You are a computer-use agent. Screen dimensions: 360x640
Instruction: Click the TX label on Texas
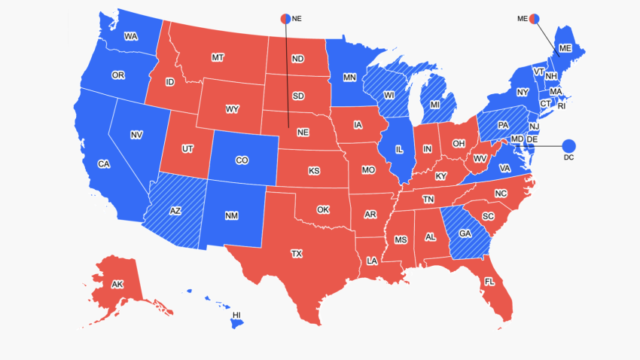coord(297,255)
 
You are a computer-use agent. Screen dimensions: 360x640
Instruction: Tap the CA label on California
coord(104,163)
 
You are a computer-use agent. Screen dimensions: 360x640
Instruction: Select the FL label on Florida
coord(489,281)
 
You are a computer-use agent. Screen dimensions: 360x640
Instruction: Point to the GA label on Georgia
coord(465,234)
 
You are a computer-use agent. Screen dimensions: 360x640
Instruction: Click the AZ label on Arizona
coord(175,211)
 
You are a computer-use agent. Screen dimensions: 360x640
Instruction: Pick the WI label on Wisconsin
coord(389,96)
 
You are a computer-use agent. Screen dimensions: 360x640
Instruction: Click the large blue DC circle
coord(568,145)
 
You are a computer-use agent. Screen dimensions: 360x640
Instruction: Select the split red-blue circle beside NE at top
coord(286,18)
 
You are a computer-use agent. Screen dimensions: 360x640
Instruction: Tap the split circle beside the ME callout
coord(535,18)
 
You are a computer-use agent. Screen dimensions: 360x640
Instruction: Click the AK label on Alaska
coord(117,285)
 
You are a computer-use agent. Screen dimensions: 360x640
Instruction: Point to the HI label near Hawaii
coord(236,314)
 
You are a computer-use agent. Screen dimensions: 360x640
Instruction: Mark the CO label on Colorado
coord(242,160)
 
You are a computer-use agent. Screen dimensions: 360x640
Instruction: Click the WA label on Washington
coord(130,36)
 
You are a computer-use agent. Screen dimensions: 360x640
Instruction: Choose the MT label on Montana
coord(218,57)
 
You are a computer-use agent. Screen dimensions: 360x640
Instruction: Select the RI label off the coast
coord(561,106)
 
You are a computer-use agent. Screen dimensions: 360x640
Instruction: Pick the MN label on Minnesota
coord(349,77)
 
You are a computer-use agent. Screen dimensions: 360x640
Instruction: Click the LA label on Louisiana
coord(372,261)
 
